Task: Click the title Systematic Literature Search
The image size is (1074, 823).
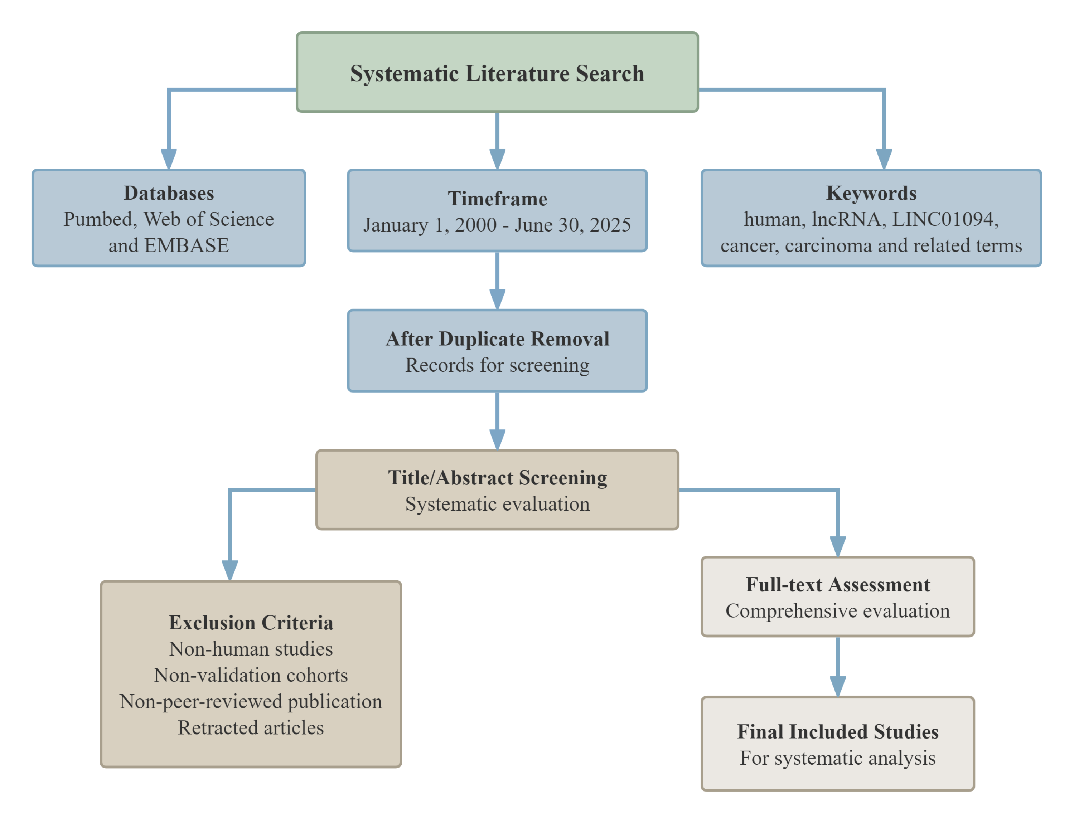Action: [497, 73]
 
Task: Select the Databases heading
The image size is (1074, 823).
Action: [169, 193]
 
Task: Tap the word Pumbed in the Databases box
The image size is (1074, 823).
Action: [100, 219]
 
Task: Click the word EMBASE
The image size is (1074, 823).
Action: [186, 245]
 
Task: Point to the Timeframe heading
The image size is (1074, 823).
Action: [497, 198]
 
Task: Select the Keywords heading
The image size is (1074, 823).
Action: [871, 193]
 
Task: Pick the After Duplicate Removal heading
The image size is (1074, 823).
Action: [497, 339]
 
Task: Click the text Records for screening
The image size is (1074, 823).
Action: [497, 365]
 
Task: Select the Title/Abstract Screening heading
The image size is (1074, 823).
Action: [497, 478]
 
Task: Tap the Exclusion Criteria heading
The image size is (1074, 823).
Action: [251, 622]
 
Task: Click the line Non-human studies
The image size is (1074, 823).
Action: [251, 649]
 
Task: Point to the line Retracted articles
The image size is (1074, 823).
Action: [251, 727]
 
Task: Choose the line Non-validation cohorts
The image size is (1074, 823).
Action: [251, 675]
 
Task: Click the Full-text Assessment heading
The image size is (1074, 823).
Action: [837, 584]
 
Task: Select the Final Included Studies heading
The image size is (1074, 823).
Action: [837, 731]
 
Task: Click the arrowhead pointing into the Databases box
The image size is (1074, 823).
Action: [169, 159]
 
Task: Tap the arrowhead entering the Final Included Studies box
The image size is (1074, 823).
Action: [837, 686]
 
